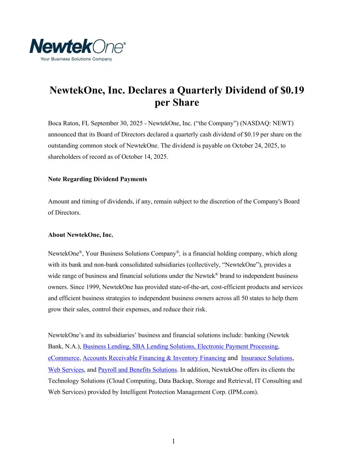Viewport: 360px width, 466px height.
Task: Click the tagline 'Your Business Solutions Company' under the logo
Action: [76, 59]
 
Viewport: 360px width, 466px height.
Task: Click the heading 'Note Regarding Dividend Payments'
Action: [98, 179]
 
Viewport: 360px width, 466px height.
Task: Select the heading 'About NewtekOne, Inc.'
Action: [81, 235]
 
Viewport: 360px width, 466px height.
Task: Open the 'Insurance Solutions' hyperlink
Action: [267, 358]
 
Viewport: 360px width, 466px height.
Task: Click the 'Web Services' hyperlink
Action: [66, 370]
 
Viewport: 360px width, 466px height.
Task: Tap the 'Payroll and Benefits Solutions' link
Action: [137, 370]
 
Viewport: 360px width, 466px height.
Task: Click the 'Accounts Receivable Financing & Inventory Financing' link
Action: [154, 358]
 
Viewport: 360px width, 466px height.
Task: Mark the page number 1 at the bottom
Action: [173, 441]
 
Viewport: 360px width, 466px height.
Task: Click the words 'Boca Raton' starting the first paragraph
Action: [62, 123]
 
